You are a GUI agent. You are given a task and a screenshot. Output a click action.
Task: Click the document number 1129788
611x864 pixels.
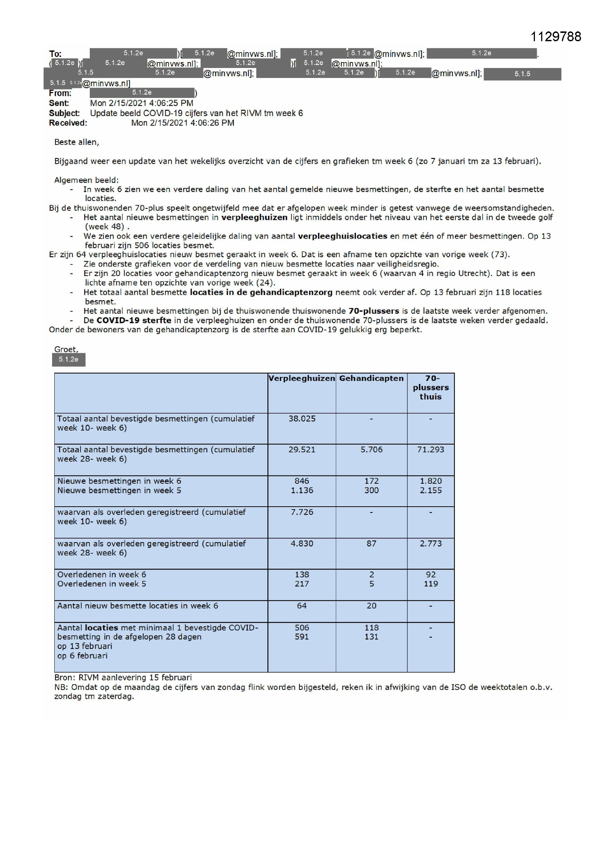[x=555, y=37]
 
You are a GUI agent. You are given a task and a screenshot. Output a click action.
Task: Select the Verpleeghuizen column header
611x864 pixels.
[x=301, y=378]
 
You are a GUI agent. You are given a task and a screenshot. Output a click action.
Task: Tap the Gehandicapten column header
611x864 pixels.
[x=371, y=378]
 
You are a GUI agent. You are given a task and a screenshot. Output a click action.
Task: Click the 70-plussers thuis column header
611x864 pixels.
[x=430, y=387]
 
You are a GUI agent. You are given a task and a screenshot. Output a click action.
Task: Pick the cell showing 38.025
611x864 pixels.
[x=302, y=418]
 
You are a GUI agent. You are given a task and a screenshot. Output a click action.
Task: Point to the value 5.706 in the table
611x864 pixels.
[x=371, y=449]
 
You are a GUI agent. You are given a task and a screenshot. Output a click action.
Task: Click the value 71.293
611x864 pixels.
[x=430, y=449]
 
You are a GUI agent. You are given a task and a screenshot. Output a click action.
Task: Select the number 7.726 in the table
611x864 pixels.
[x=302, y=512]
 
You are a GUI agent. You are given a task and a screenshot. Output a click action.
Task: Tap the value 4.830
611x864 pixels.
[x=302, y=543]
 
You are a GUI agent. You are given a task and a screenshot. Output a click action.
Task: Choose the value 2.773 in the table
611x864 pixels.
[x=430, y=543]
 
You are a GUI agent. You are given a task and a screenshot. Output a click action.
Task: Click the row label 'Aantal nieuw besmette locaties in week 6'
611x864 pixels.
[x=137, y=605]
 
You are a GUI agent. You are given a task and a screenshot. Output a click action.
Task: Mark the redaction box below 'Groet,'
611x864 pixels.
[x=68, y=359]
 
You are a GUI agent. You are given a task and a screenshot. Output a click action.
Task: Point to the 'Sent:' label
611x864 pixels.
[x=59, y=103]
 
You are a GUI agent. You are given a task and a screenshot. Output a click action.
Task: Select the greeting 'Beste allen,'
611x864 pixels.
[x=77, y=142]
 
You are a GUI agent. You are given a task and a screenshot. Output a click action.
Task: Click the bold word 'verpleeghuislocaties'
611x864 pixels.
[x=342, y=236]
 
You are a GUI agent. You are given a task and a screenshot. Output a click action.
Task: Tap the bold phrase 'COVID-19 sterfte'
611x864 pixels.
[x=134, y=320]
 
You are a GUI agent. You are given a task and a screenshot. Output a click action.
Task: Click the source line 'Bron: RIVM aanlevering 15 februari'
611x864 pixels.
[x=123, y=677]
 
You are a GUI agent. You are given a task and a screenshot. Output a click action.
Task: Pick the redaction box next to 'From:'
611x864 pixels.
[x=142, y=92]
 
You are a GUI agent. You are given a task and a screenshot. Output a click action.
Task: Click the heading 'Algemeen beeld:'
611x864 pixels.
[x=86, y=180]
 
